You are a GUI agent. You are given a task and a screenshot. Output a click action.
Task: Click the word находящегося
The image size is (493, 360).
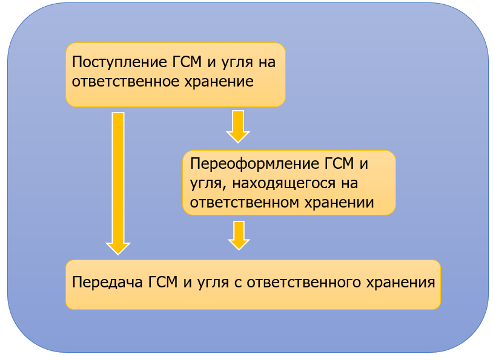point(287,183)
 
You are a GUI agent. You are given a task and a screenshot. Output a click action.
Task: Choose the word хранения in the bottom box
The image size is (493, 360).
point(402,283)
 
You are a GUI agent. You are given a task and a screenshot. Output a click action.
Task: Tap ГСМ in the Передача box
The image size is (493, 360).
point(164,283)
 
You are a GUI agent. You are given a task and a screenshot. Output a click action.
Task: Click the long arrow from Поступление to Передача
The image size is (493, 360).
point(118,182)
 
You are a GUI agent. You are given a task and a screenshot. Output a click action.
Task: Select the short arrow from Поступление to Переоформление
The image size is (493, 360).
point(238,125)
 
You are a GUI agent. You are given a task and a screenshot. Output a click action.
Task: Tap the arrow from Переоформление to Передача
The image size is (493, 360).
point(239,235)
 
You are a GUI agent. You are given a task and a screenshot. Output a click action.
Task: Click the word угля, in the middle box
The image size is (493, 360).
point(204,183)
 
